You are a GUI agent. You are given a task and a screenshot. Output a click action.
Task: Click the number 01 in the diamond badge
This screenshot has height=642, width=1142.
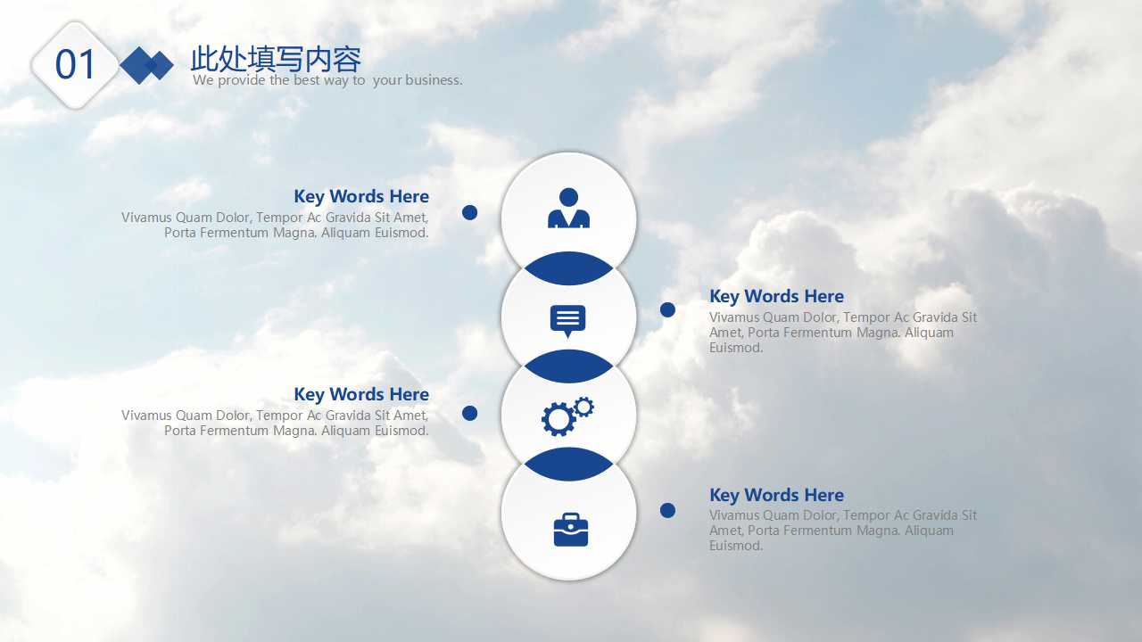[75, 65]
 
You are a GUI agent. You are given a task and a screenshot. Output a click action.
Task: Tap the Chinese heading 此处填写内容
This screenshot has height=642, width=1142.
[276, 59]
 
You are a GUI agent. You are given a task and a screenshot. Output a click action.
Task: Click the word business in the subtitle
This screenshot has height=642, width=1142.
[434, 80]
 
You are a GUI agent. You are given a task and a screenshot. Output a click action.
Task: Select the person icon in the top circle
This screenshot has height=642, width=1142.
[568, 209]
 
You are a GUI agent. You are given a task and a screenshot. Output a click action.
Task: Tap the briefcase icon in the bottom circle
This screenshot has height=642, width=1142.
[570, 530]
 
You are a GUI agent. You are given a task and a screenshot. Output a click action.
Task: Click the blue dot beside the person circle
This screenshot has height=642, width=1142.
[470, 212]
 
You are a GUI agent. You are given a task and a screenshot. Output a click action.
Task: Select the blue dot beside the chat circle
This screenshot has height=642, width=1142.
[667, 309]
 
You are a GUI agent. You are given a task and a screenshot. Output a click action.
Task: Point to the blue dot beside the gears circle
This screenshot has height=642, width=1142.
[470, 413]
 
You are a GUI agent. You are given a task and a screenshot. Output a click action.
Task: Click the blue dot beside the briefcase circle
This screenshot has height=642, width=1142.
[667, 510]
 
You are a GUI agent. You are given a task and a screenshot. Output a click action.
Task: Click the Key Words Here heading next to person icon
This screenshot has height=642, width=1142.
[361, 196]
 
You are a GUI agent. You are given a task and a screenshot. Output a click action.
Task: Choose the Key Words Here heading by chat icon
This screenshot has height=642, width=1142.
[776, 296]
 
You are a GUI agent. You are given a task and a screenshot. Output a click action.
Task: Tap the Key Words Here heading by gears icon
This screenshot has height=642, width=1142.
[361, 394]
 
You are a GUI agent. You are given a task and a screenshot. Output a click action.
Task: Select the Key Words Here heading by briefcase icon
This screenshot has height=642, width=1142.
[776, 495]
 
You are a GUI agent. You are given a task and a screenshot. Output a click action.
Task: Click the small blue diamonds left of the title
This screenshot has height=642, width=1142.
[147, 65]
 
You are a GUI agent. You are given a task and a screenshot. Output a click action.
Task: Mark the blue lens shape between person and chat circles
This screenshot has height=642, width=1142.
[568, 268]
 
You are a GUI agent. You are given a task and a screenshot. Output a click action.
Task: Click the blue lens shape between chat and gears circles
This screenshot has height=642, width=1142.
[568, 366]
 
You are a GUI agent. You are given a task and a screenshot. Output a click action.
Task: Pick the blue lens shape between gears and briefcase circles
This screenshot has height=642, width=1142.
[568, 464]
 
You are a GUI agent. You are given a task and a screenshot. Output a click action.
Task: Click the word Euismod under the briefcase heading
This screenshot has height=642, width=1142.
[736, 546]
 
